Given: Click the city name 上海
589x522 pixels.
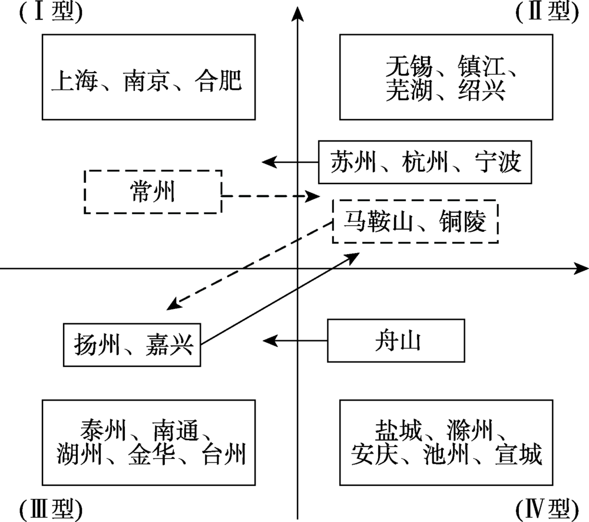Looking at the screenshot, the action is [74, 80].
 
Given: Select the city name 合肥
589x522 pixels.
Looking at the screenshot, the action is [219, 80].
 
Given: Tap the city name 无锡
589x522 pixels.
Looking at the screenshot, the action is [409, 66].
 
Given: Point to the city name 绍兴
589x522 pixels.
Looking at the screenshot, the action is [481, 90].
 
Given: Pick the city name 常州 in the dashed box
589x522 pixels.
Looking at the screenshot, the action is [153, 192].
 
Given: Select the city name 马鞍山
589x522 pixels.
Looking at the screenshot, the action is [378, 221].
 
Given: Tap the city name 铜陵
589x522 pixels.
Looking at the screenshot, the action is [462, 221].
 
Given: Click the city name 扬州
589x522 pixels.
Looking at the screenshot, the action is [97, 344].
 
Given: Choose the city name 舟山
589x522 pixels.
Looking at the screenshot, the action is [398, 341].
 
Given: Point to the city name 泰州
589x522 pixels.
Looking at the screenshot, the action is [103, 430].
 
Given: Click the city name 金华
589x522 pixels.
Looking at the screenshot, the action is [151, 454].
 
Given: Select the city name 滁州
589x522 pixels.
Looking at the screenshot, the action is [469, 430].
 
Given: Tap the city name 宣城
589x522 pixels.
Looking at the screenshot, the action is [519, 454].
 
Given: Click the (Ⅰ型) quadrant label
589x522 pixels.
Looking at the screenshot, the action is [51, 12].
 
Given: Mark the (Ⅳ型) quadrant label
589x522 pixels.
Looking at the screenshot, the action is [547, 509].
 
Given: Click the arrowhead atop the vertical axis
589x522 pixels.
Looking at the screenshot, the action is [297, 14].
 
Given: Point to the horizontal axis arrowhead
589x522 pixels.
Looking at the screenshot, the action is [580, 268].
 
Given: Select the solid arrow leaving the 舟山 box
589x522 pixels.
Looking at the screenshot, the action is [295, 341].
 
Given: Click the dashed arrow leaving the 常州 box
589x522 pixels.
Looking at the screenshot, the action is [271, 196].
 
